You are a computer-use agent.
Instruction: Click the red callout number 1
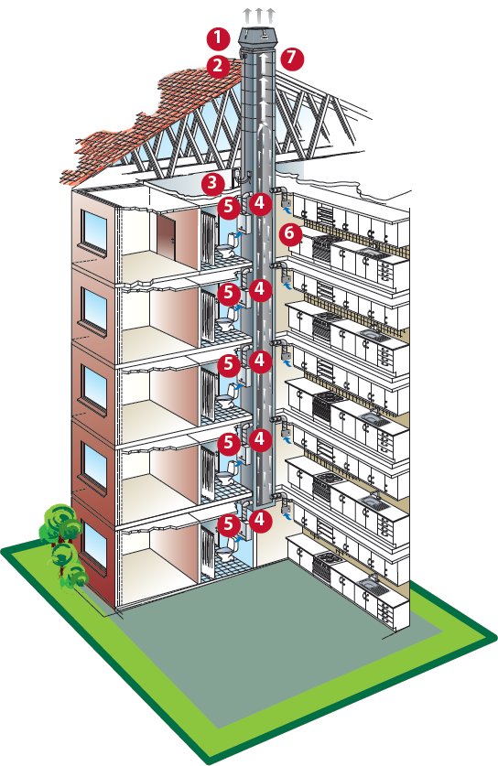click(x=218, y=39)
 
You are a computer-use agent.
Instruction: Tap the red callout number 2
click(x=218, y=66)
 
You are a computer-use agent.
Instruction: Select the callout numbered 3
click(x=212, y=184)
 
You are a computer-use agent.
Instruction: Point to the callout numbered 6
click(x=290, y=234)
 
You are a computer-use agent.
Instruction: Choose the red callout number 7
click(x=292, y=59)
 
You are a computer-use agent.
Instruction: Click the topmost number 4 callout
click(x=260, y=202)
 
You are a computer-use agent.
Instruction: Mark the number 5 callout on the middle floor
click(x=229, y=365)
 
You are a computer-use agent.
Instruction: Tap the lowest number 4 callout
click(x=260, y=520)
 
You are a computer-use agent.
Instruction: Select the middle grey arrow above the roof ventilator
click(x=258, y=15)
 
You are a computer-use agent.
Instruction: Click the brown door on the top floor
click(x=166, y=238)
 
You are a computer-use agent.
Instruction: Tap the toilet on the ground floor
click(x=226, y=552)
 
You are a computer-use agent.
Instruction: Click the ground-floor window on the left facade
click(x=94, y=545)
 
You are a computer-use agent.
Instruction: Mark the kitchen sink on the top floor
click(x=373, y=252)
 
